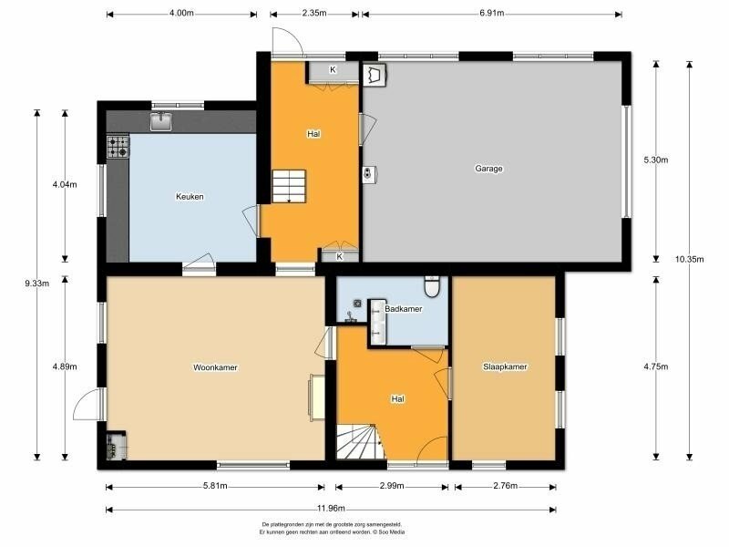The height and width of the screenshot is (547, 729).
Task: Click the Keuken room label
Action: (x=190, y=197)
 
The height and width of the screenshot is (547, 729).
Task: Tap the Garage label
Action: (x=488, y=169)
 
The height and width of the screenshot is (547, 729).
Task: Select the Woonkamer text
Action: (x=215, y=367)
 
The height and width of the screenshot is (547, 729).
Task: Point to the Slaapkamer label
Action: (x=505, y=366)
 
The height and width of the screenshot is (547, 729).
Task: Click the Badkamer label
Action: (x=403, y=309)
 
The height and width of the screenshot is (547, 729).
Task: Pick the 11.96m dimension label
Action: (x=331, y=509)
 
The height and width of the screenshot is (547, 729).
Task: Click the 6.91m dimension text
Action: (x=492, y=13)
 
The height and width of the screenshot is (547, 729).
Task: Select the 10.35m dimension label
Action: (x=690, y=260)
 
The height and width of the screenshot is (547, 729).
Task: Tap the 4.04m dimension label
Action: (x=65, y=185)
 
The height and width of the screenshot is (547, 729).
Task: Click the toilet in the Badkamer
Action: (x=432, y=286)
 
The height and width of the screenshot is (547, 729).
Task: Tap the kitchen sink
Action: (x=161, y=121)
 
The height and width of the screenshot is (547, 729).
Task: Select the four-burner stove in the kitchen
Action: (x=118, y=147)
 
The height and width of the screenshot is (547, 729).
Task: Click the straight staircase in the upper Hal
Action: (x=289, y=186)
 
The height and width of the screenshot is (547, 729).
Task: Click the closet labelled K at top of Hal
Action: (x=332, y=72)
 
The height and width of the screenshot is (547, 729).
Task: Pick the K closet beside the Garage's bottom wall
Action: (x=340, y=256)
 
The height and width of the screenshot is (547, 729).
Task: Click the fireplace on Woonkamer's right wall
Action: (x=317, y=398)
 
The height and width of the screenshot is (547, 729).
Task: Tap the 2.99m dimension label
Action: (x=392, y=486)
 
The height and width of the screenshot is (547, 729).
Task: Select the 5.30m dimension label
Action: (x=656, y=160)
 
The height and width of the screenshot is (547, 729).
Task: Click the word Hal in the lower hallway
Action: (x=397, y=399)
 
